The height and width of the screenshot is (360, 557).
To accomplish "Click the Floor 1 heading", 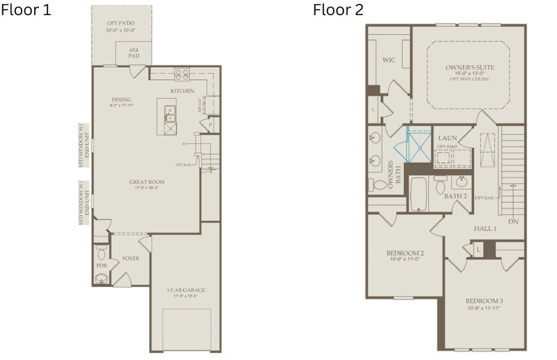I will click(26, 10).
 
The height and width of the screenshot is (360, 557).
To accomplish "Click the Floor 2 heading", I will click(338, 10).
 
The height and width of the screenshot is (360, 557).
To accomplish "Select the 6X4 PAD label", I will click(134, 53).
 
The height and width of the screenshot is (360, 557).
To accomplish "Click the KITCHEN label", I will click(182, 91).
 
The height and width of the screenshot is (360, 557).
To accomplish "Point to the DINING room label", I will click(122, 100).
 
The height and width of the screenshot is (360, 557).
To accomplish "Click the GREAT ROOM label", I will click(147, 182).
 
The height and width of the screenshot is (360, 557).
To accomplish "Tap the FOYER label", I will click(131, 259).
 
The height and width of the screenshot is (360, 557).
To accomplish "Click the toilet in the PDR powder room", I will click(101, 250).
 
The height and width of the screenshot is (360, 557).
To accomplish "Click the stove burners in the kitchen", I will click(182, 74).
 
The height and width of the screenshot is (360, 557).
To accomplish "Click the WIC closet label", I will click(389, 60).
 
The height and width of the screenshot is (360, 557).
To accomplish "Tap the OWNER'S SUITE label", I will click(468, 67).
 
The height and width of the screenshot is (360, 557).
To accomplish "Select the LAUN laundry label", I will click(447, 138).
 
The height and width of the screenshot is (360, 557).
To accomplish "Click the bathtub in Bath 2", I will click(418, 193).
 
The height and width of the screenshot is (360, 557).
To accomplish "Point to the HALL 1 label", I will click(486, 229).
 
